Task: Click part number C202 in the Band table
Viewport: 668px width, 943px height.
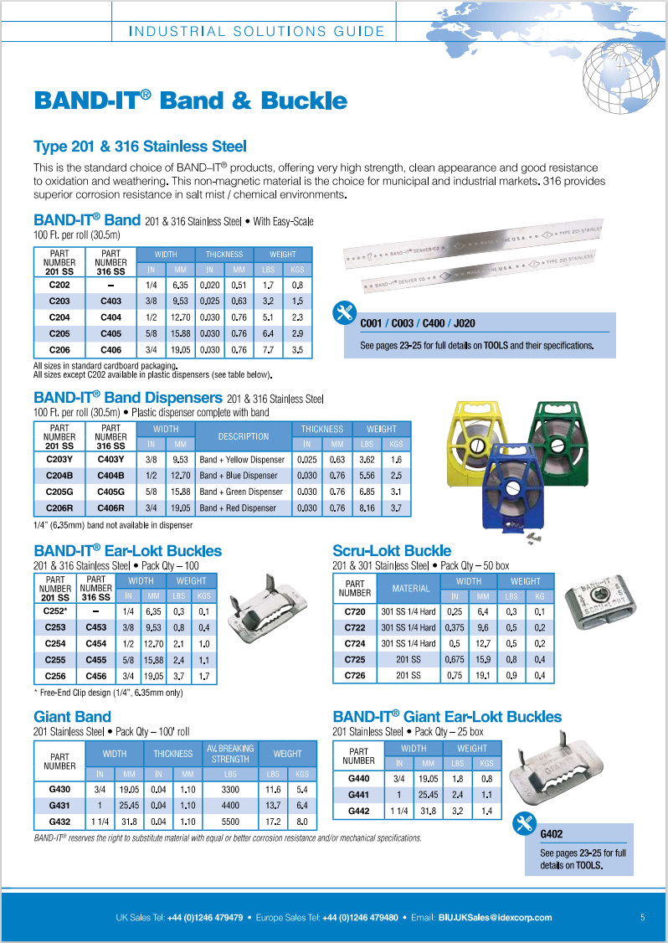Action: [x=59, y=286]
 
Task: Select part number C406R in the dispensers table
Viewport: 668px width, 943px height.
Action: [x=110, y=508]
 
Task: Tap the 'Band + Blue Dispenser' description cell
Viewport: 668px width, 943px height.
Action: [x=242, y=476]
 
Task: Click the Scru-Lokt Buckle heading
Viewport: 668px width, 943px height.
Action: [x=392, y=551]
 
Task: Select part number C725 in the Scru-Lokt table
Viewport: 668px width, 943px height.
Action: [x=355, y=659]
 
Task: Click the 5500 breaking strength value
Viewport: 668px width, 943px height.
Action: [x=230, y=822]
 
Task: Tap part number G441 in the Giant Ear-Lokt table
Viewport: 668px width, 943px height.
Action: [x=358, y=795]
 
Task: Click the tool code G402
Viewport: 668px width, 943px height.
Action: [x=552, y=834]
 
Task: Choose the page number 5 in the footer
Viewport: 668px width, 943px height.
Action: [x=642, y=917]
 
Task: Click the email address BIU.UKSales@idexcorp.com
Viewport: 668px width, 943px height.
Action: [x=495, y=917]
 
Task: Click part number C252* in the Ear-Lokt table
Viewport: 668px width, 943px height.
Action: [x=56, y=611]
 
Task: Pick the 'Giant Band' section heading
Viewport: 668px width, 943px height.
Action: [x=72, y=717]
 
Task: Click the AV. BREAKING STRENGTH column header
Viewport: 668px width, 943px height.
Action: [x=230, y=753]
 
